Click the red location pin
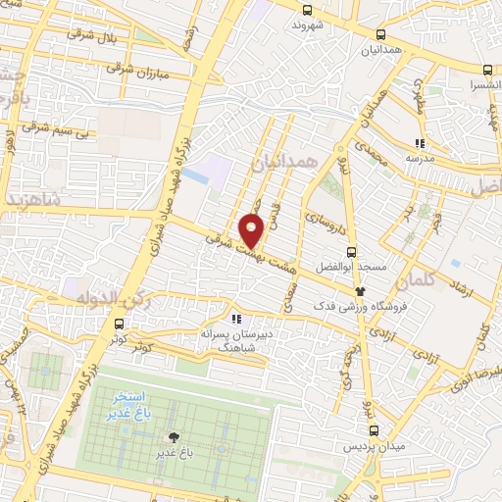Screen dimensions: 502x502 (252, 230)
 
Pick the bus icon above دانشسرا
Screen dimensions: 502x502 (488, 71)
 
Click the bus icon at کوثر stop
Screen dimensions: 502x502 (119, 325)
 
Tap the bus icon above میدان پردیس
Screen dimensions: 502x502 (374, 429)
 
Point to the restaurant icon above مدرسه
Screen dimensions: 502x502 (419, 142)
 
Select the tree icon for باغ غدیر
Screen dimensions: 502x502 (174, 438)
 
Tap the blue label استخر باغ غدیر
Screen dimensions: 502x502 (130, 406)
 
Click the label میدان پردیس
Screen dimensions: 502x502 (365, 446)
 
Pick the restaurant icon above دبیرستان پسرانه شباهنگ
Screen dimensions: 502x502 (235, 318)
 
